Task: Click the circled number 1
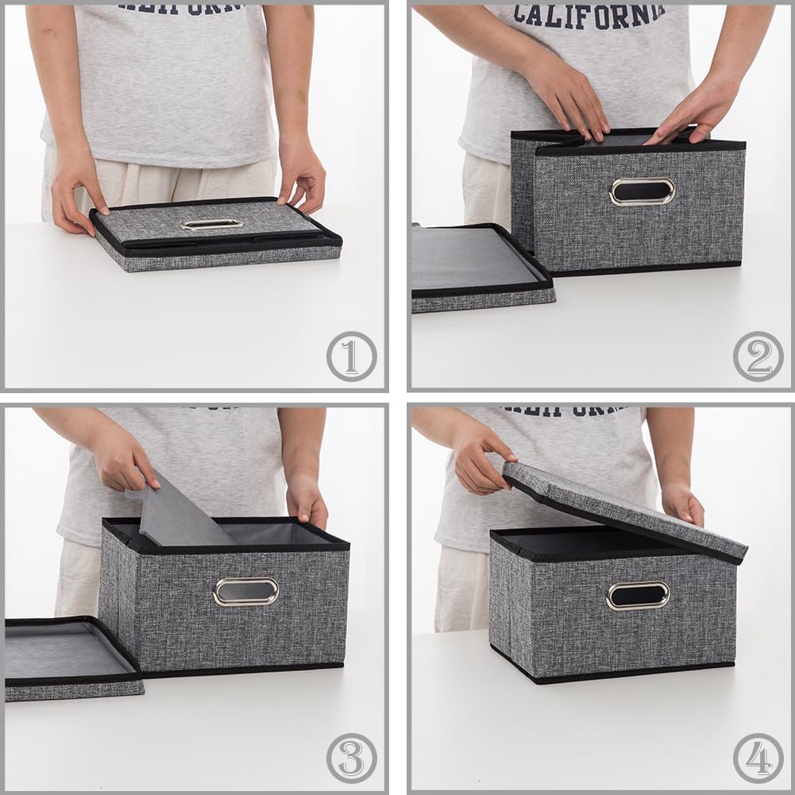[x=352, y=357]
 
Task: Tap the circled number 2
[x=758, y=357]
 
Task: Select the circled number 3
[x=352, y=758]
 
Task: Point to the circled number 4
[x=758, y=758]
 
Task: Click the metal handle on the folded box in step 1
[x=211, y=224]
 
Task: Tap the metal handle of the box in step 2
[x=642, y=191]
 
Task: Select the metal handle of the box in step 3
[x=245, y=591]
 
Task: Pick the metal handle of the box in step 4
[x=638, y=596]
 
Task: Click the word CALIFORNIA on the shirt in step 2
[x=589, y=15]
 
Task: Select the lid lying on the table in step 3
[x=68, y=655]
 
